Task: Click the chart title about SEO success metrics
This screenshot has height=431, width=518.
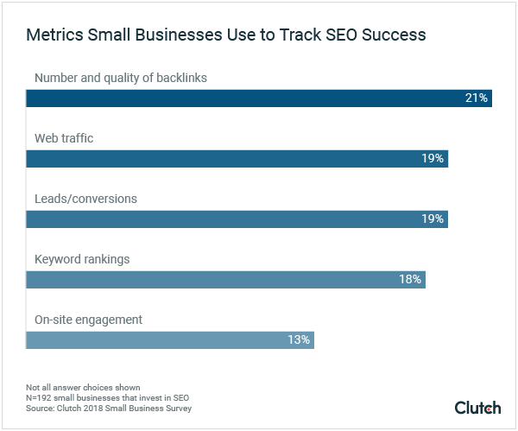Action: (225, 35)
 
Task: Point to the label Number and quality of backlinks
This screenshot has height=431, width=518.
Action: (121, 79)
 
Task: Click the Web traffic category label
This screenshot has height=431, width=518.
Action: (64, 138)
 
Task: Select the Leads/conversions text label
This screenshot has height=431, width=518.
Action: (85, 199)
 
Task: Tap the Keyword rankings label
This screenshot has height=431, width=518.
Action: (81, 259)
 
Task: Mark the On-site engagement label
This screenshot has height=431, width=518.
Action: (88, 320)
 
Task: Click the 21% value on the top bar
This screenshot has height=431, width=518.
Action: (477, 98)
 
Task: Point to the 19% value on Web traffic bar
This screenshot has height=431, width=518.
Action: (433, 159)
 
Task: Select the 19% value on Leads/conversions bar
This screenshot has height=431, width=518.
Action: (433, 219)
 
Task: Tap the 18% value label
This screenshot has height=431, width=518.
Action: (410, 279)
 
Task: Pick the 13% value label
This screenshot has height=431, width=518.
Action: (299, 339)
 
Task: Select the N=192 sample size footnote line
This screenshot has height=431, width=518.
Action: (97, 397)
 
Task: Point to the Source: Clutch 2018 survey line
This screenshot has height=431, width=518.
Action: (108, 408)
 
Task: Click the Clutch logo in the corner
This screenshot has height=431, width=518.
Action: (477, 407)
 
